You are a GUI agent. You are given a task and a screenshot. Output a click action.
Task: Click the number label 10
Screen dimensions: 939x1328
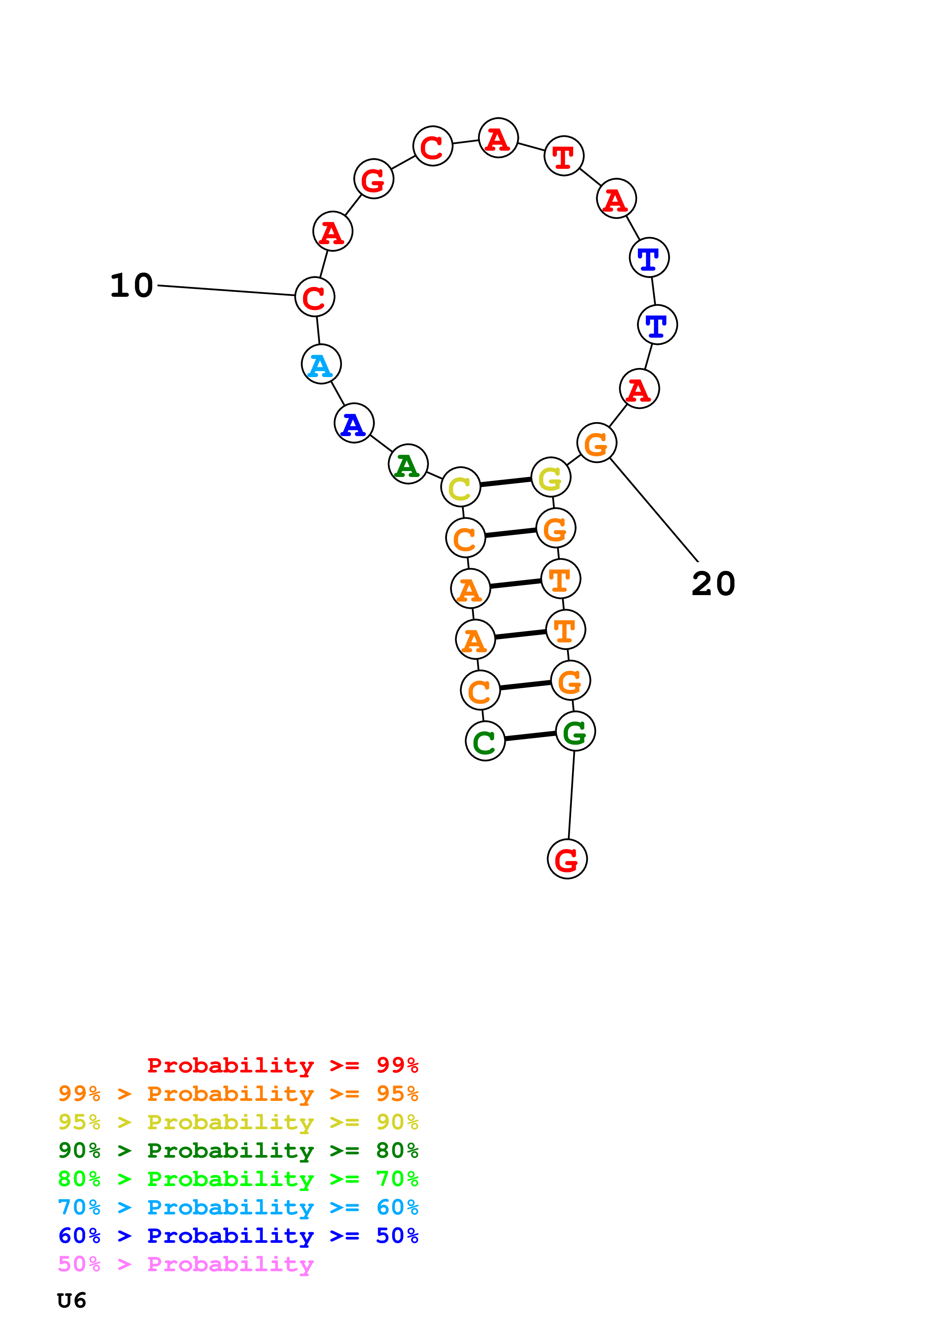(131, 286)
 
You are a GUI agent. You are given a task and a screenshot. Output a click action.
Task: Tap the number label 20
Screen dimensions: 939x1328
(713, 584)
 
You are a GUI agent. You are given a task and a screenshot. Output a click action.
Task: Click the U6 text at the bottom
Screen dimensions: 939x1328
(72, 1300)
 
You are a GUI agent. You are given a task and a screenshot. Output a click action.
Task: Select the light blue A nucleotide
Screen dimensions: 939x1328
(321, 365)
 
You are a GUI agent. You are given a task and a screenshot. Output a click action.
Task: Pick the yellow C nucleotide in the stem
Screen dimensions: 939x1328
(461, 487)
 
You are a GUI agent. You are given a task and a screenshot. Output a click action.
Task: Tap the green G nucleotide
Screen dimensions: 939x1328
(575, 732)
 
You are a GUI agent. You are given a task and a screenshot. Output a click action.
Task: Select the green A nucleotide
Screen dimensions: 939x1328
(408, 464)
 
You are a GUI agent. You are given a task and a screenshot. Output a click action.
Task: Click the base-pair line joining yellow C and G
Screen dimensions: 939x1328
(506, 482)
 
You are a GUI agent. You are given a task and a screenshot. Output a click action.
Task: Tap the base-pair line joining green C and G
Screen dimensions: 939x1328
(530, 736)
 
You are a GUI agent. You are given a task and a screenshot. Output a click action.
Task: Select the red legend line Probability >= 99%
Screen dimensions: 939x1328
(282, 1065)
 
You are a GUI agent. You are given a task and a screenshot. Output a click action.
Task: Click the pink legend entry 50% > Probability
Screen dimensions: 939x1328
(186, 1264)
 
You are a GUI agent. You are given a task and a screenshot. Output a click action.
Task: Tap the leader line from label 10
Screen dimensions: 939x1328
(226, 290)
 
